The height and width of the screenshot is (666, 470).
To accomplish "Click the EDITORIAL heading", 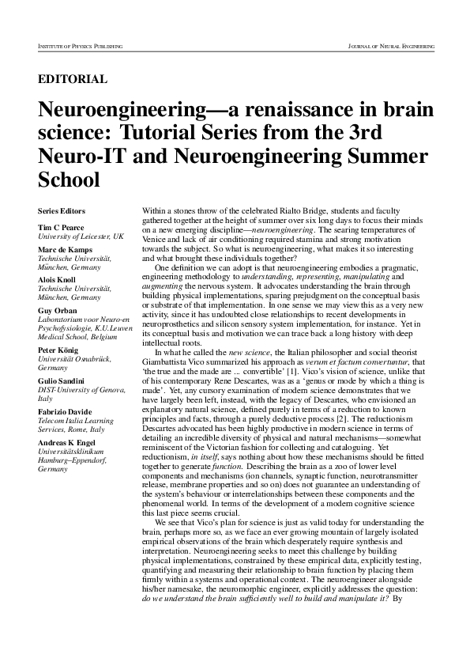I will [73, 79].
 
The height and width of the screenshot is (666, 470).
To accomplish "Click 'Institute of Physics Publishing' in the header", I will [80, 47].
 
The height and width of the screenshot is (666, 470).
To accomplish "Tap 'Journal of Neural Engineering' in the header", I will [392, 47].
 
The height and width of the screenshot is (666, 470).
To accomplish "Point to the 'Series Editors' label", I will [62, 211].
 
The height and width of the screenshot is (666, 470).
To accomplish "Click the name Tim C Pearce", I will [62, 228].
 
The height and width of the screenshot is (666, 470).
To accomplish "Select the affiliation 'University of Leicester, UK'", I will [80, 237].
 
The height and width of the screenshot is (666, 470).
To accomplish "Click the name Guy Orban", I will [58, 311].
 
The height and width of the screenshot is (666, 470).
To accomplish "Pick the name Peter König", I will [60, 350].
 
